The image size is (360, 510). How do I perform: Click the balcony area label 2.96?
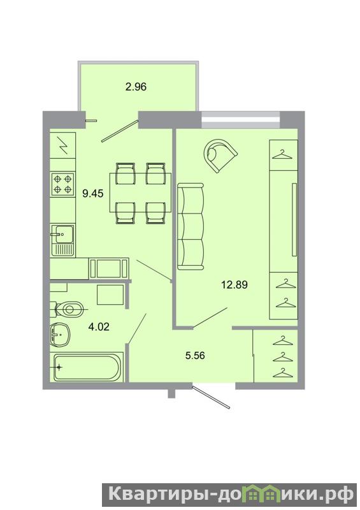point(136,87)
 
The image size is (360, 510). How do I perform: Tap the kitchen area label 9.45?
point(93,194)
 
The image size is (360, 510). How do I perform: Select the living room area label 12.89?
point(234,285)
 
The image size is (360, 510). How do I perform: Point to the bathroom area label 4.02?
point(99,326)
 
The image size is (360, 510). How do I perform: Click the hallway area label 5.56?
point(195,356)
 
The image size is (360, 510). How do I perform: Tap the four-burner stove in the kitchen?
point(62,184)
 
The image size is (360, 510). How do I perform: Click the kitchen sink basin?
point(64,233)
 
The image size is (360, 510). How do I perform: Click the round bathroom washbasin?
point(60,334)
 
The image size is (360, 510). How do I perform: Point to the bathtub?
point(87,368)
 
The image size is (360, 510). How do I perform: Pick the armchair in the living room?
point(220,155)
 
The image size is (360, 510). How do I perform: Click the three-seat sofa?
point(191,226)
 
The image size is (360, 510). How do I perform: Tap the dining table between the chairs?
point(140,193)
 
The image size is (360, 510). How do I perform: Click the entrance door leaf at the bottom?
point(212,397)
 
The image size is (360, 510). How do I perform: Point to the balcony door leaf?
point(120,131)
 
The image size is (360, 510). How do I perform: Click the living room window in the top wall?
point(241,120)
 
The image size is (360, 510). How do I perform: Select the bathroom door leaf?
point(137,328)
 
